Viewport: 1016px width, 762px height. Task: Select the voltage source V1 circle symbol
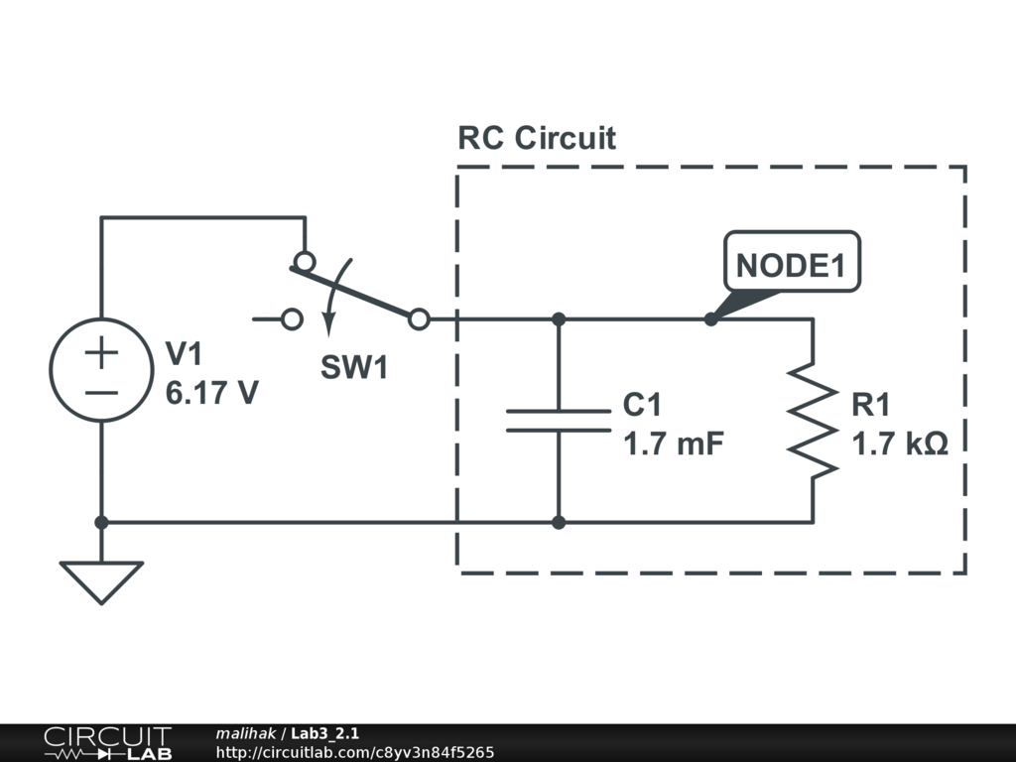pyautogui.click(x=101, y=369)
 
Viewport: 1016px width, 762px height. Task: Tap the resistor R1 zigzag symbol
pyautogui.click(x=813, y=420)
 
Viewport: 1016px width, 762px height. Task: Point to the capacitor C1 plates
pyautogui.click(x=559, y=421)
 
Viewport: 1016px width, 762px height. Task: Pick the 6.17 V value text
pyautogui.click(x=212, y=393)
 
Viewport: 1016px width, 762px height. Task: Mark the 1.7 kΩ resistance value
pyautogui.click(x=900, y=444)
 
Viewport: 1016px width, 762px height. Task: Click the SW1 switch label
pyautogui.click(x=353, y=368)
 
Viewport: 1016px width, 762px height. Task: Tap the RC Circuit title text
pyautogui.click(x=536, y=138)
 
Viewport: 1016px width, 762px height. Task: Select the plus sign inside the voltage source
pyautogui.click(x=101, y=351)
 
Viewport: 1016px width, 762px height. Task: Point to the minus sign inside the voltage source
pyautogui.click(x=101, y=391)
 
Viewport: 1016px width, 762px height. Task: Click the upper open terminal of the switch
pyautogui.click(x=305, y=262)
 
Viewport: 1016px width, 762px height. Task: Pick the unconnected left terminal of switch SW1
pyautogui.click(x=292, y=319)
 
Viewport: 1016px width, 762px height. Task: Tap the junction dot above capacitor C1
pyautogui.click(x=559, y=319)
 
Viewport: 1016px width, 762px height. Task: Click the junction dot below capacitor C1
pyautogui.click(x=559, y=522)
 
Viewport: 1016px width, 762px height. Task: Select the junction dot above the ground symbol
pyautogui.click(x=101, y=522)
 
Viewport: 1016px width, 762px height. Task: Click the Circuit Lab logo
pyautogui.click(x=107, y=742)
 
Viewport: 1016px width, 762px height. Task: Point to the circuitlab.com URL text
pyautogui.click(x=354, y=752)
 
